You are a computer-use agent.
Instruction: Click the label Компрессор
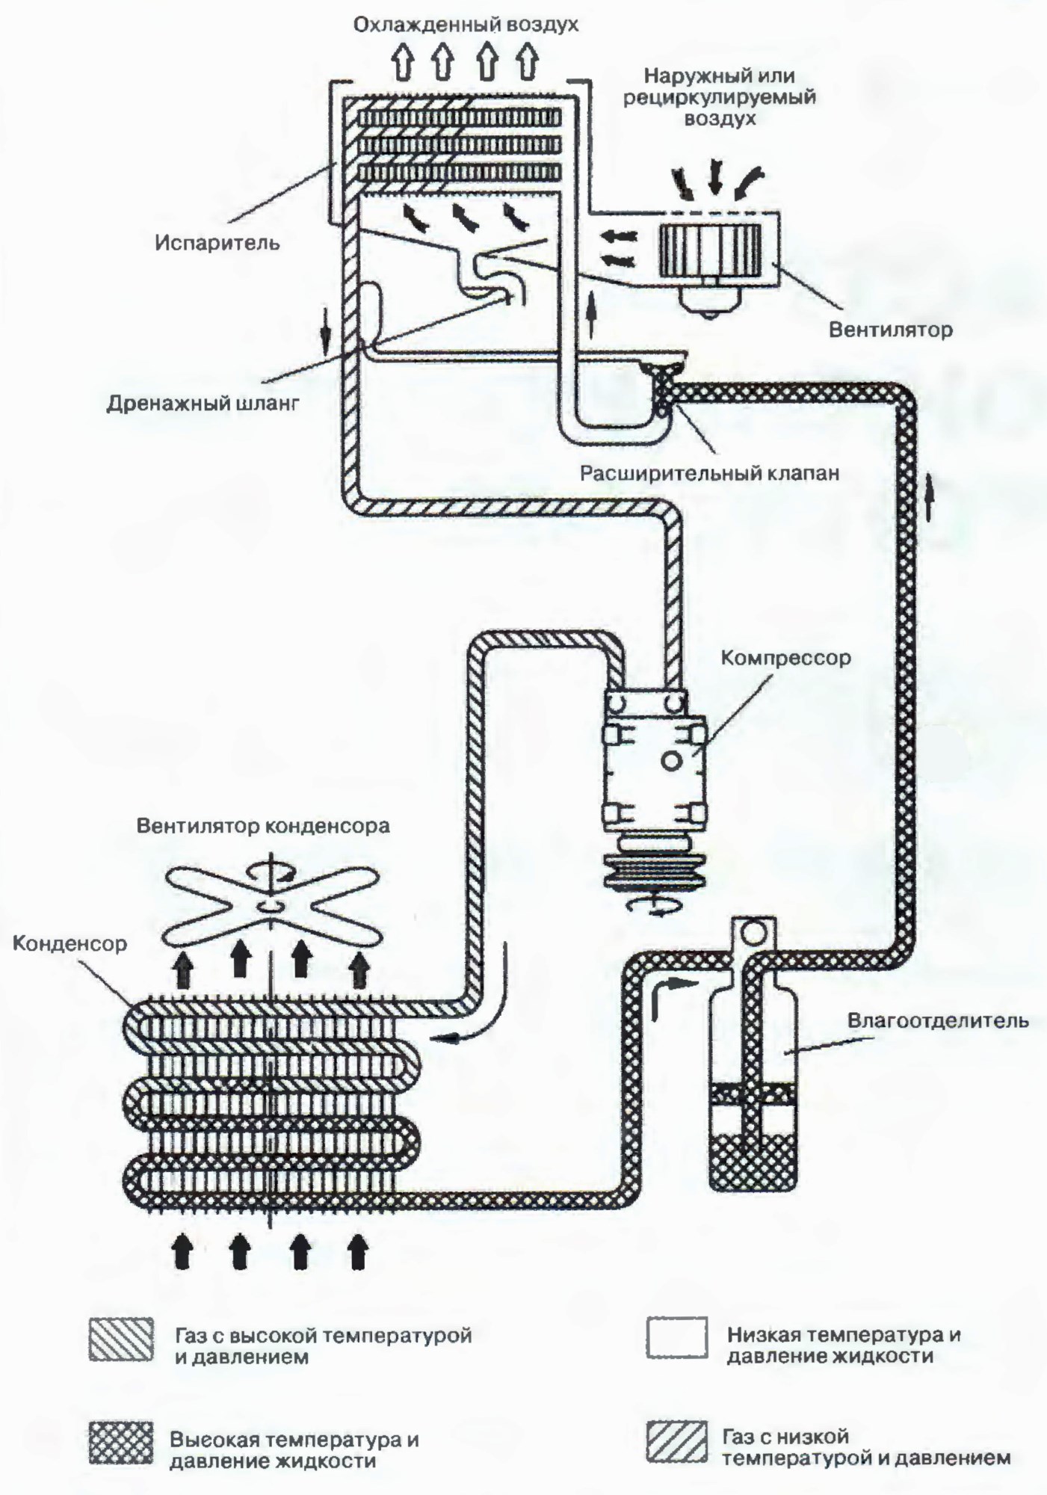pyautogui.click(x=785, y=658)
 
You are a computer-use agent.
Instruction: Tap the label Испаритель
pyautogui.click(x=217, y=242)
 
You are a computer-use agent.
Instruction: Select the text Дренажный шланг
pyautogui.click(x=203, y=404)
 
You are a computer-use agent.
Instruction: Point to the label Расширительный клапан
pyautogui.click(x=710, y=473)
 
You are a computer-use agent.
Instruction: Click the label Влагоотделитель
pyautogui.click(x=938, y=1020)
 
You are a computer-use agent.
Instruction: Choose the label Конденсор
pyautogui.click(x=70, y=943)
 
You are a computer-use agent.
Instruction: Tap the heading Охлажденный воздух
pyautogui.click(x=466, y=25)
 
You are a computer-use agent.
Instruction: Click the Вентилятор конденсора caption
pyautogui.click(x=263, y=826)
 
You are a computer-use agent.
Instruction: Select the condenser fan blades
pyautogui.click(x=271, y=905)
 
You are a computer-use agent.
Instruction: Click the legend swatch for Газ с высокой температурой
pyautogui.click(x=121, y=1338)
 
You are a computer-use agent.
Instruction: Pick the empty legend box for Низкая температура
pyautogui.click(x=676, y=1337)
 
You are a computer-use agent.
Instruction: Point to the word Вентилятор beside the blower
pyautogui.click(x=891, y=329)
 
